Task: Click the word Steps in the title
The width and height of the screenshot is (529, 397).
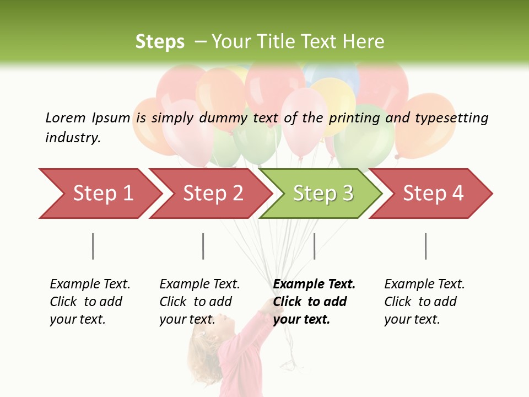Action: [160, 42]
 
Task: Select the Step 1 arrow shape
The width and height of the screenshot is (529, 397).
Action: [99, 194]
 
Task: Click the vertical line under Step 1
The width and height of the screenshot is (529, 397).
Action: [93, 246]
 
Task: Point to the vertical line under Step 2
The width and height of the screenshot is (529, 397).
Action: [203, 246]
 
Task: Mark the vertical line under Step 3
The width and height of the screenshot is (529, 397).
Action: [314, 246]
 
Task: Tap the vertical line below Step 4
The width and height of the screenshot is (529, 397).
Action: [425, 246]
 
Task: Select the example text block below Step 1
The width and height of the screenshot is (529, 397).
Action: [90, 301]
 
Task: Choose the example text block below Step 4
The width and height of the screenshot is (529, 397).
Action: [424, 301]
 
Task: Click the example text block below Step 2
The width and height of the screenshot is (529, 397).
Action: [199, 301]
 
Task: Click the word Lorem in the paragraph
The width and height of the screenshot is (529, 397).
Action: [65, 118]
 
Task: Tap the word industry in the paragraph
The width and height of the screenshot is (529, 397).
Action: [72, 138]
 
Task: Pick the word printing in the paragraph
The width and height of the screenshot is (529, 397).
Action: [354, 118]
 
